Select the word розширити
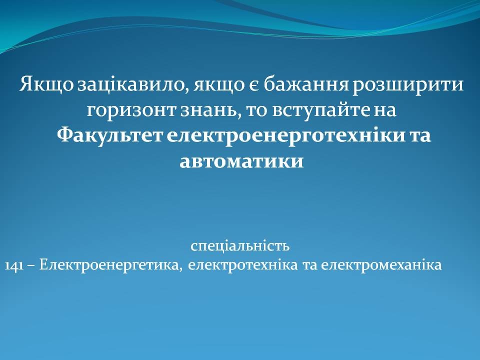click(408, 85)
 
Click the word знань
click(209, 110)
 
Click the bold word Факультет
click(110, 135)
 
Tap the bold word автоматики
click(241, 161)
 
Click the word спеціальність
click(240, 246)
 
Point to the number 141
click(14, 265)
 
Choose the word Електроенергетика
click(109, 265)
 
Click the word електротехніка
click(242, 265)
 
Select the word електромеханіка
click(381, 265)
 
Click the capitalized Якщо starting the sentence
click(46, 84)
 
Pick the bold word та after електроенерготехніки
click(420, 136)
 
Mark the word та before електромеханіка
click(309, 265)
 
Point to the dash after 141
click(31, 265)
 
